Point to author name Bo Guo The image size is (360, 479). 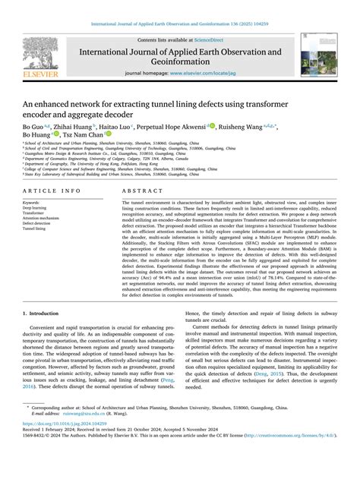[x=33, y=126]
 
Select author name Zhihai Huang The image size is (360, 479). [x=74, y=126]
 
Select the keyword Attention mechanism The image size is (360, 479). [x=43, y=218]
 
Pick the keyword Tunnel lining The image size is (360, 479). [x=36, y=228]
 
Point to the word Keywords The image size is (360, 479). [x=31, y=203]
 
